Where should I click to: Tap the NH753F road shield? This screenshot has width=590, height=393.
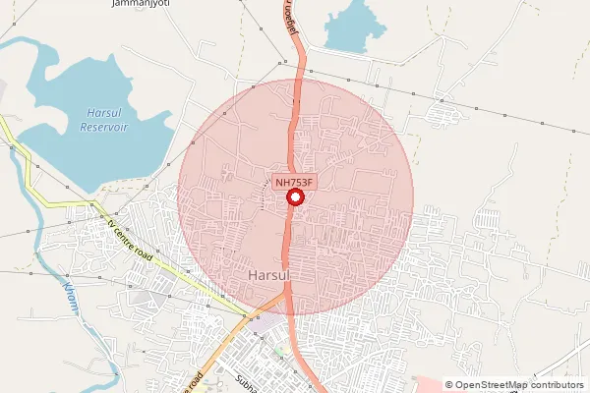(x=294, y=182)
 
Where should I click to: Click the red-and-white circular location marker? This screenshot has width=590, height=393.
(x=294, y=198)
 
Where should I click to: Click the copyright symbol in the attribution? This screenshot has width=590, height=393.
(x=449, y=385)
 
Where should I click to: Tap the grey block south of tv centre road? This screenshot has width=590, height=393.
(x=147, y=298)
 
